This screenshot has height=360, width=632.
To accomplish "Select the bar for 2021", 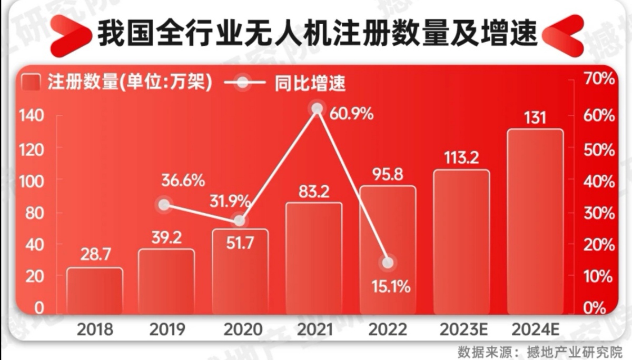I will pyautogui.click(x=314, y=258).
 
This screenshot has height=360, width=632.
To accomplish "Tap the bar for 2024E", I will pyautogui.click(x=535, y=221).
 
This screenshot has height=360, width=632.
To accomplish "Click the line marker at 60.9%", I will pyautogui.click(x=317, y=108).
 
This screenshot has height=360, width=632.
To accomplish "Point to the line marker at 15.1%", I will pyautogui.click(x=388, y=263).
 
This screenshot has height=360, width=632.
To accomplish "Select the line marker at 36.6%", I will pyautogui.click(x=165, y=205).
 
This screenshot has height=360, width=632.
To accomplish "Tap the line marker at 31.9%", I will pyautogui.click(x=240, y=221).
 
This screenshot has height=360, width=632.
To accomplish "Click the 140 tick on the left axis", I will pyautogui.click(x=33, y=116).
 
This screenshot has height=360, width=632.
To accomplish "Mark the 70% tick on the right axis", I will pyautogui.click(x=599, y=80).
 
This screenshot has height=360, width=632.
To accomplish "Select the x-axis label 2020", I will pyautogui.click(x=243, y=330).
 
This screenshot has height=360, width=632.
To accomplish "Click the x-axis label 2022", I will pyautogui.click(x=388, y=330).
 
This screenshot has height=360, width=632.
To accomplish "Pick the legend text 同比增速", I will pyautogui.click(x=310, y=84).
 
